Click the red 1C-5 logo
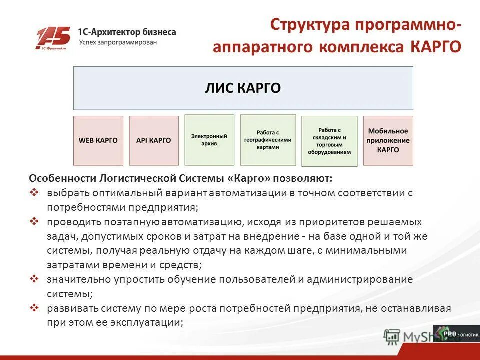[53, 38]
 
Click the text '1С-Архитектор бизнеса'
[127, 32]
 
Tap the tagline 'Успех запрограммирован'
[118, 42]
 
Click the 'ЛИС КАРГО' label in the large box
[243, 88]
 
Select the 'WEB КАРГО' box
[98, 140]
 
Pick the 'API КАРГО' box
[153, 140]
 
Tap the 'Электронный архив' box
[209, 140]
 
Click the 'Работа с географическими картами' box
[267, 140]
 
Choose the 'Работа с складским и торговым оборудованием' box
[329, 141]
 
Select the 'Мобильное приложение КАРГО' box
[388, 140]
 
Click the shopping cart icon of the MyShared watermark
[392, 336]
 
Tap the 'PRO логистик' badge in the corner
[455, 333]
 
